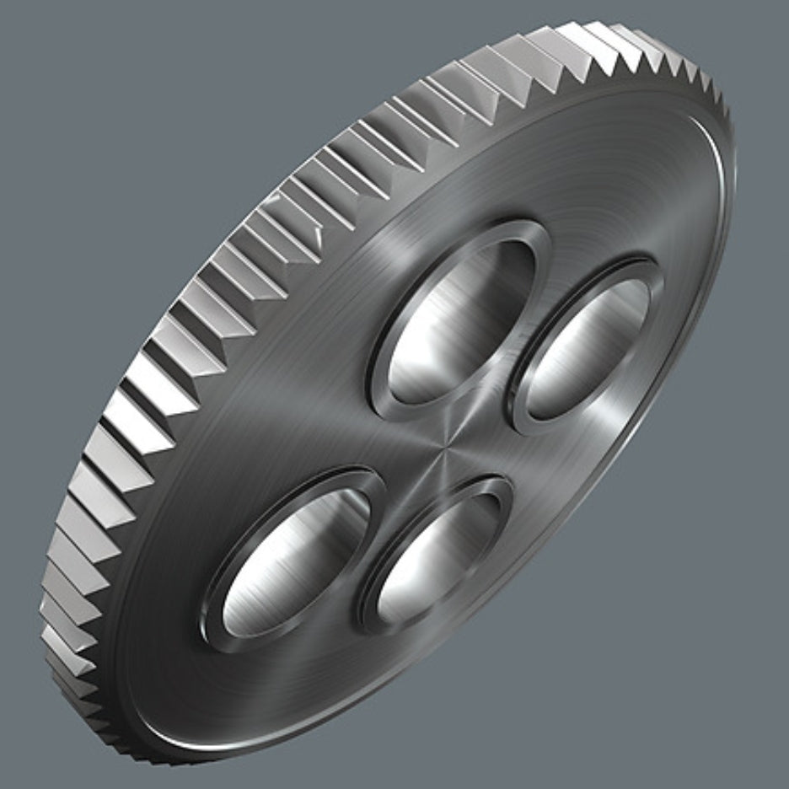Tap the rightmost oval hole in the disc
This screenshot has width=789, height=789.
coord(588,346)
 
